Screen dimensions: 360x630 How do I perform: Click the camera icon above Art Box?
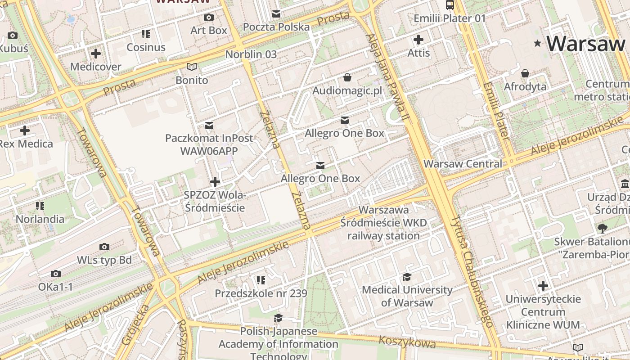pos(209,18)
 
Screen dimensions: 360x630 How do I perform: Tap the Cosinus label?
pos(146,47)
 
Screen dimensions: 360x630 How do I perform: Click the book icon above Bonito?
pos(192,67)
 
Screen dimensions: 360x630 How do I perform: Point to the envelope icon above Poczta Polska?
pos(276,14)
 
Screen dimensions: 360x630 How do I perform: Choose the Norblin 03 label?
pos(251,54)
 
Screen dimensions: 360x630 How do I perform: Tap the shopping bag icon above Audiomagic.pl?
pos(347,78)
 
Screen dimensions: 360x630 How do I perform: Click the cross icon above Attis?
pos(418,40)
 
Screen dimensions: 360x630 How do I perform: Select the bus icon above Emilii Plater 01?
pos(450,5)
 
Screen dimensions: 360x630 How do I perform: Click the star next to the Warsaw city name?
pos(537,44)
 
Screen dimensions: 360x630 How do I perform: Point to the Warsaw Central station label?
pos(463,164)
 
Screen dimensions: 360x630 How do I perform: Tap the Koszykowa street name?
pos(407,342)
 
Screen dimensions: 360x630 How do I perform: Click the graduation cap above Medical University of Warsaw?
pos(407,277)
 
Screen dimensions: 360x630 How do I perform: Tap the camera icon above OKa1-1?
pos(56,274)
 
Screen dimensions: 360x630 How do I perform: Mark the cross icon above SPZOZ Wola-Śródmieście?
pos(215,182)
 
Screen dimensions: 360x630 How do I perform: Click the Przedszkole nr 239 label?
pos(261,294)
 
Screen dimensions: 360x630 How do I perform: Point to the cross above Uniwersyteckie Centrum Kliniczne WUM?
pos(543,286)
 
